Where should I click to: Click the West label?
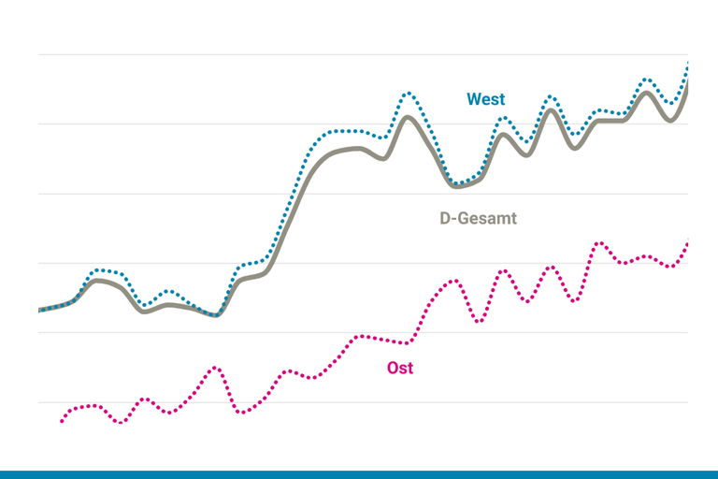coord(486,99)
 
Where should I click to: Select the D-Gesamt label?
coord(478,218)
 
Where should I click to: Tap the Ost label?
coord(400,368)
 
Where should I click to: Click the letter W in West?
coord(474,99)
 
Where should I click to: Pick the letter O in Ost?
coord(393,368)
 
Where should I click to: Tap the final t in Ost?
coord(409,368)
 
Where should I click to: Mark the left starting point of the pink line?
coord(62,421)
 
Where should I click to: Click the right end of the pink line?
coord(687,243)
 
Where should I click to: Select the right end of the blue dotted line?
coord(688,62)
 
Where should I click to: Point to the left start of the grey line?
coord(39,310)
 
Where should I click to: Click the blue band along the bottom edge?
coord(359,474)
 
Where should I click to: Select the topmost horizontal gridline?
coord(363,54)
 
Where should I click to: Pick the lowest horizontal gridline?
coord(363,402)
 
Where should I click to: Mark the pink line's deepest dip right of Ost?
coord(479,322)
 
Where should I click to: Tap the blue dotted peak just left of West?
coord(408,93)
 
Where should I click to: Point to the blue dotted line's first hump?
coord(103,269)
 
